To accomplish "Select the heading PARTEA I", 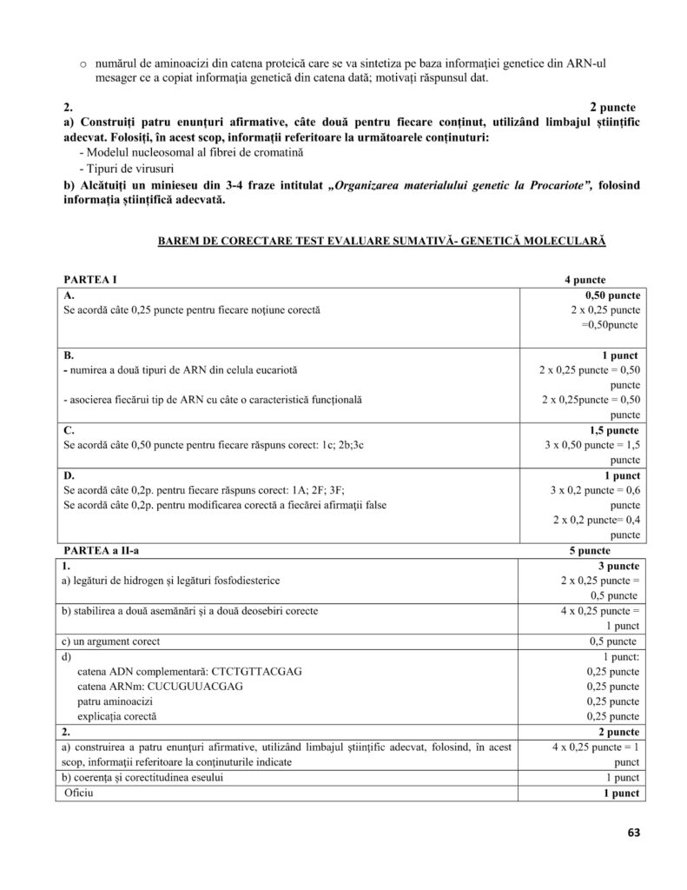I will click(x=90, y=279).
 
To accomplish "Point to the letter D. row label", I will click(x=69, y=475).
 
